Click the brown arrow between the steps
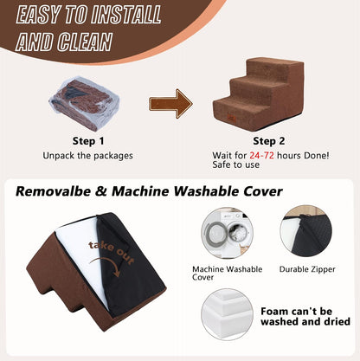[170, 104]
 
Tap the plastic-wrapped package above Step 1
[84, 103]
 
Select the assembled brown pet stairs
[259, 94]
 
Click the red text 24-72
[261, 156]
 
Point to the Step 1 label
[88, 141]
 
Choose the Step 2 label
[269, 141]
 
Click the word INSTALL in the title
[125, 15]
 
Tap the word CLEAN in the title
[85, 42]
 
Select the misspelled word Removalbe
[53, 191]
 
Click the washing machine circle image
[227, 233]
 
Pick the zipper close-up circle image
[306, 231]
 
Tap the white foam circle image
[227, 314]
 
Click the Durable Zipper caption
[307, 269]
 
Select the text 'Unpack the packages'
[87, 156]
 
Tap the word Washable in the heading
[206, 191]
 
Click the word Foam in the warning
[274, 312]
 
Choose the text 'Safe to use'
[236, 164]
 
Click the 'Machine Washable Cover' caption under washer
[228, 273]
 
